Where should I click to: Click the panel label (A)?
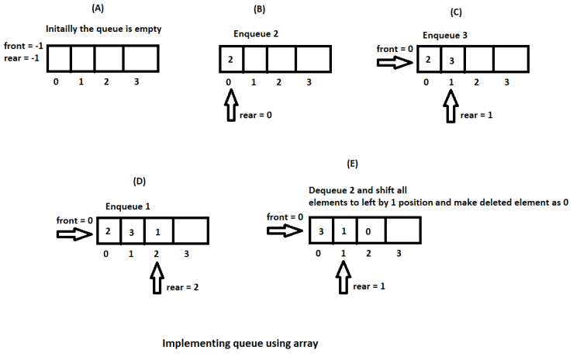(98, 9)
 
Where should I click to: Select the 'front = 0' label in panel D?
(75, 220)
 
